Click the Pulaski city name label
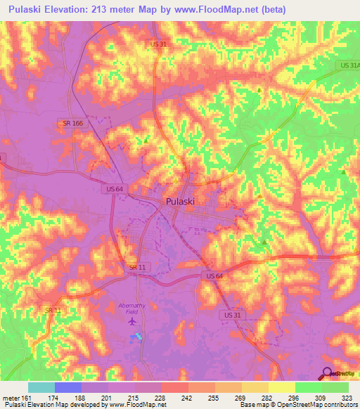click(181, 201)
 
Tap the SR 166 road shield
click(72, 123)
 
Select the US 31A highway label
click(349, 65)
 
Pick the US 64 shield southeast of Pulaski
click(215, 276)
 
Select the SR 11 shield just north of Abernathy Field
click(137, 267)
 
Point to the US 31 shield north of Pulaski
click(158, 44)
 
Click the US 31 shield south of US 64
click(232, 314)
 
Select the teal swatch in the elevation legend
click(41, 387)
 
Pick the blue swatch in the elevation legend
click(68, 387)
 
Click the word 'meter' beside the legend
click(11, 396)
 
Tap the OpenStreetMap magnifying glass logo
click(328, 373)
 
